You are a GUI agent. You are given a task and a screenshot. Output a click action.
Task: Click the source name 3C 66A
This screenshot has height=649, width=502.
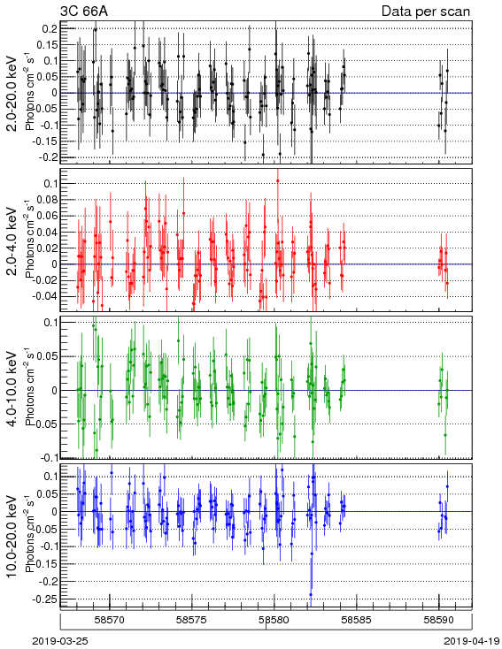click(84, 11)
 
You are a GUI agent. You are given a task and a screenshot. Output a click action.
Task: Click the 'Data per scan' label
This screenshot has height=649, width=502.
click(426, 11)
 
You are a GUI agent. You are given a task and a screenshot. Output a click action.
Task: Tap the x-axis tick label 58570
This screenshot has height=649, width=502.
click(110, 621)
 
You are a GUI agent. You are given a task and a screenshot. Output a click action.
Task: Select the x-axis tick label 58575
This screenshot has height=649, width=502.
click(192, 621)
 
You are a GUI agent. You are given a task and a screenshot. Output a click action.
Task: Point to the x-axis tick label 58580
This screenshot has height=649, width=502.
click(274, 621)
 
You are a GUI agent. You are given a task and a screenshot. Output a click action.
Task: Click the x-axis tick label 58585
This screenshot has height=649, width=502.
click(358, 621)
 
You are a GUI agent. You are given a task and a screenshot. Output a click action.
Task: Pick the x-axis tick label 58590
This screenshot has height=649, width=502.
click(439, 621)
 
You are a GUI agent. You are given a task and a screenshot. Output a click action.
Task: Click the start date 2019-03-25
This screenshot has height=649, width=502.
click(60, 641)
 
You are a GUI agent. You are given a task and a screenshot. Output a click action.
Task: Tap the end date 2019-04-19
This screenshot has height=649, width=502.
click(472, 641)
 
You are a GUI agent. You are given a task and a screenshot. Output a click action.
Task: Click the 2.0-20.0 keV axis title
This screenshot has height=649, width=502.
click(12, 93)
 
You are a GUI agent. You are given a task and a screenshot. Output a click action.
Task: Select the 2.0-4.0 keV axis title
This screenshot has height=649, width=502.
click(12, 241)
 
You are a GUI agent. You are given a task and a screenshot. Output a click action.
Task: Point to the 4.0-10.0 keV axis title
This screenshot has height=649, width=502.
click(12, 389)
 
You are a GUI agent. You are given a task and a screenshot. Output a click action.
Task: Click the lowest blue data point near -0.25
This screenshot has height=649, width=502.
click(311, 595)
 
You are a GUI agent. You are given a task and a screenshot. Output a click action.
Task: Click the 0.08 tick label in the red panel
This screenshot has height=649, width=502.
click(48, 200)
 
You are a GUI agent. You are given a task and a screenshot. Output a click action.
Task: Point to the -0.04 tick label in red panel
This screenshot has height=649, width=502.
click(46, 296)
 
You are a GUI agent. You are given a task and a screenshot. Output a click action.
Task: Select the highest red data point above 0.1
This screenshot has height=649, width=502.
click(277, 181)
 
